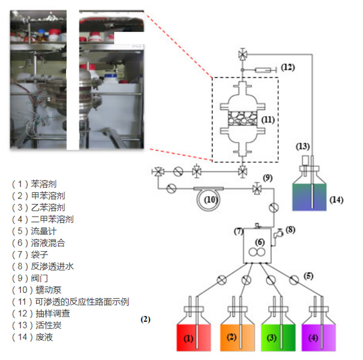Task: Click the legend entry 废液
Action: pos(42,337)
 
